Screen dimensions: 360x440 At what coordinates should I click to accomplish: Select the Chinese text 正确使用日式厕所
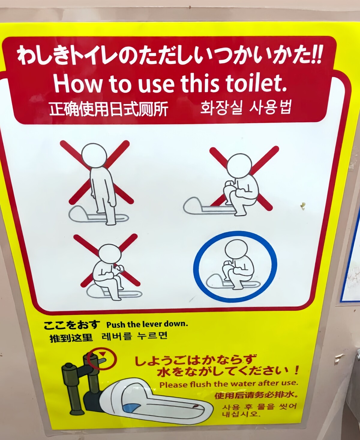(x=109, y=109)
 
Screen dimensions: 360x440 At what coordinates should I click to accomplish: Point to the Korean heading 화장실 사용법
(x=246, y=108)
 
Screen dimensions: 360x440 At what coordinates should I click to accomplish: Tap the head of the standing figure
(x=94, y=156)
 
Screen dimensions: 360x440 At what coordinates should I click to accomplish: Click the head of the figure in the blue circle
(x=236, y=249)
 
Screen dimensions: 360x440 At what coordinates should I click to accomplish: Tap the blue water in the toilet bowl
(x=131, y=407)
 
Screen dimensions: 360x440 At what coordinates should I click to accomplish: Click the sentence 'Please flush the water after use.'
(x=229, y=383)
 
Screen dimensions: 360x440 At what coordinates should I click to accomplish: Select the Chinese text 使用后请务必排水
(x=256, y=395)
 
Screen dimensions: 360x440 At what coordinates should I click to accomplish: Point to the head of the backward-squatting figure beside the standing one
(x=239, y=166)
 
